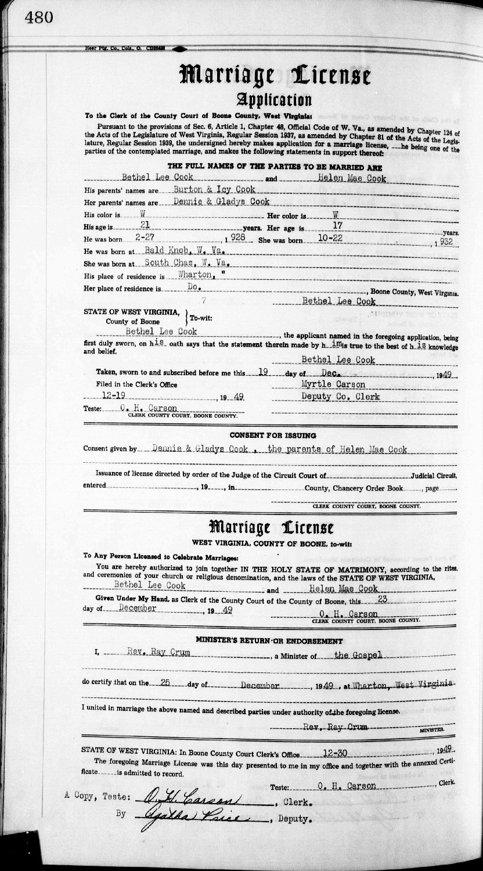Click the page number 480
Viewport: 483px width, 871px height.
[39, 17]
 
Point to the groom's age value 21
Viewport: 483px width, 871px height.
[137, 225]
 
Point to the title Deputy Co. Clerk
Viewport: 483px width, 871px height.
[340, 397]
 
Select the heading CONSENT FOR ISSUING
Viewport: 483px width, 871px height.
[272, 435]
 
